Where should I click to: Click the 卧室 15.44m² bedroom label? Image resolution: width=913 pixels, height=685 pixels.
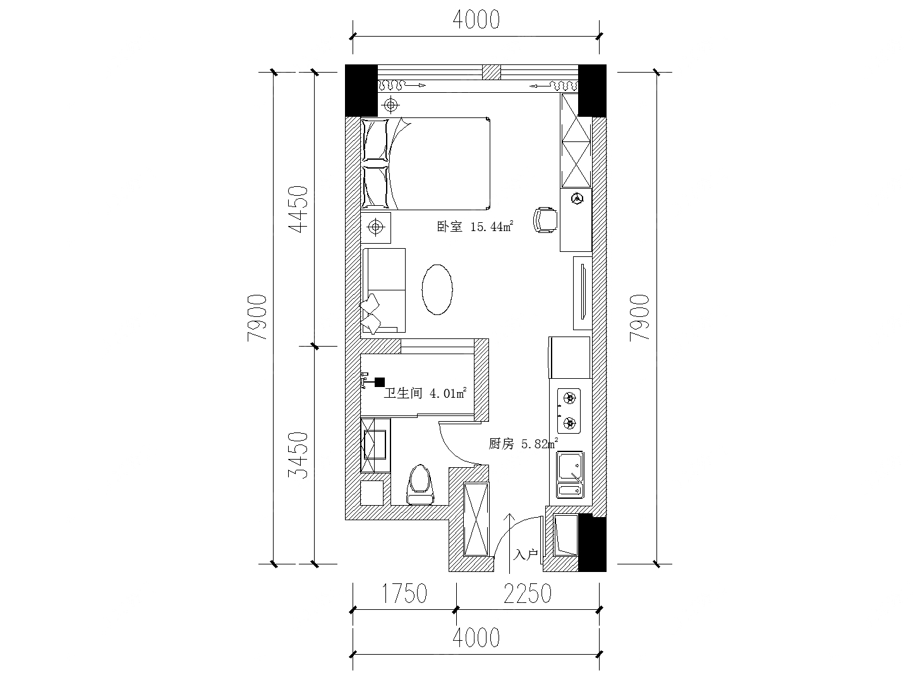click(x=475, y=227)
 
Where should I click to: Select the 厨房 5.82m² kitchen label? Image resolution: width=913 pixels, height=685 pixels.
click(x=523, y=444)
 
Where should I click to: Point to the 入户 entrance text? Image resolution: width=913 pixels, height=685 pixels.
click(x=526, y=554)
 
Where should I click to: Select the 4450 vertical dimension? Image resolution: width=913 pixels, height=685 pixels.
click(x=299, y=209)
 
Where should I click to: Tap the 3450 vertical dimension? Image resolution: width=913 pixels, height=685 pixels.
click(x=299, y=456)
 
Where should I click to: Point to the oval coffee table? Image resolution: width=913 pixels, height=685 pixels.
click(x=437, y=290)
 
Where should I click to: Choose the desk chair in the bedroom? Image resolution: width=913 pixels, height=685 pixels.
click(x=545, y=220)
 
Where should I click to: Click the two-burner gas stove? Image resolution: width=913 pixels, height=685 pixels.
click(x=569, y=411)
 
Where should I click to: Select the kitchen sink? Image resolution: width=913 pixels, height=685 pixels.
click(x=571, y=475)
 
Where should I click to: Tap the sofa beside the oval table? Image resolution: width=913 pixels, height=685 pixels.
click(x=384, y=290)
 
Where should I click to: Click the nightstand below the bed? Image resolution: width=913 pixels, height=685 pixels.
click(x=375, y=227)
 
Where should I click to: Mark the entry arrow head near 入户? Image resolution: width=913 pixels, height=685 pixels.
click(x=509, y=518)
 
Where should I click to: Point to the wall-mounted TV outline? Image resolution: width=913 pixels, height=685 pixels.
click(x=583, y=293)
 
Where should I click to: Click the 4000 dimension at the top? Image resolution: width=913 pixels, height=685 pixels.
click(x=476, y=20)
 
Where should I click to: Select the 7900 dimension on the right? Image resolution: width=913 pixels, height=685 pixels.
click(x=639, y=318)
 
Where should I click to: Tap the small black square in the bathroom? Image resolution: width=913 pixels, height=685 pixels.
click(x=379, y=382)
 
